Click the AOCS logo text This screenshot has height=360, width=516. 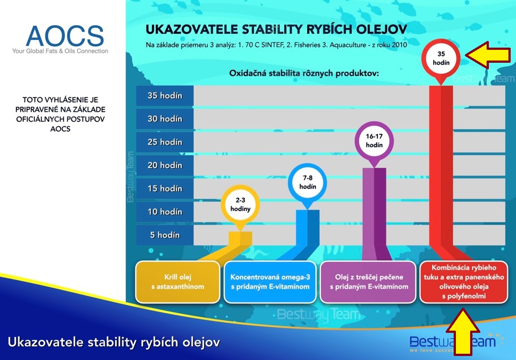coord(65,36)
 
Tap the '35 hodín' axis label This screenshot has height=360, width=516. coord(165,95)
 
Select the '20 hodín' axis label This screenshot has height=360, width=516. coord(165,165)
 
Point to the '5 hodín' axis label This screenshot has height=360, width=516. coord(165,235)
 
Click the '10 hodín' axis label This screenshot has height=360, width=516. coord(165,211)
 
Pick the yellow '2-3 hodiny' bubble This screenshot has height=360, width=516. coord(240,205)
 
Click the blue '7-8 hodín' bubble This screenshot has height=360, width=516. coord(307,182)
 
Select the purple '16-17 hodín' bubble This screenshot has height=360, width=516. coord(374,141)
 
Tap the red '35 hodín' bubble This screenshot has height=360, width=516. coord(441,59)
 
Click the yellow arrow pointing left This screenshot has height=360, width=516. coord(488,55)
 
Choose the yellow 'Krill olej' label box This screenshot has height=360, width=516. coord(178,282)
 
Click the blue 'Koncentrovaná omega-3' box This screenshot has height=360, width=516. coord(270,282)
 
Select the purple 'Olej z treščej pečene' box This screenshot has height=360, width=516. coord(368,282)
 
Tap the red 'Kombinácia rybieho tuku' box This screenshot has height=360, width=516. coord(463,282)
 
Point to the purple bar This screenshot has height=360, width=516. coord(374,210)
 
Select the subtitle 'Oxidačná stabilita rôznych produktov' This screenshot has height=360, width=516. coord(304,73)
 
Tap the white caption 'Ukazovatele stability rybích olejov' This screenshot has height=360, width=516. coord(114,342)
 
